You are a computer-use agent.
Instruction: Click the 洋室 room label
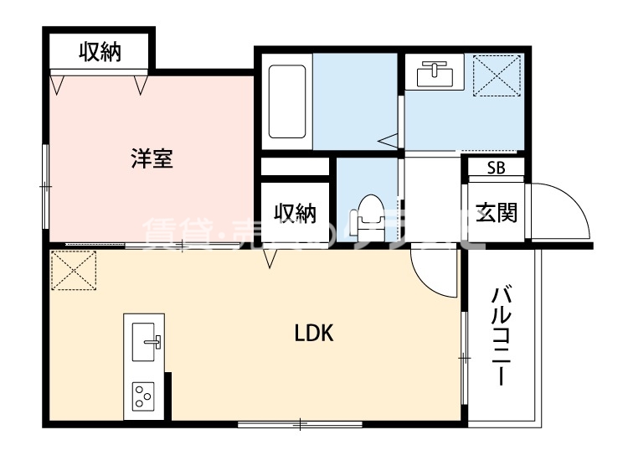[152, 158]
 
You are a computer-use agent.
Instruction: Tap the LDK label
[314, 334]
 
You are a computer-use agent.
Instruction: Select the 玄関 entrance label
[497, 212]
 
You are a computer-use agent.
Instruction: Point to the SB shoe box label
[496, 167]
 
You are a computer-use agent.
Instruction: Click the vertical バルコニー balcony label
[502, 335]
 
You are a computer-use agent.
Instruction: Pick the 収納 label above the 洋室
[100, 52]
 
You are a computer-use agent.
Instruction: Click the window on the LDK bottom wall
[300, 425]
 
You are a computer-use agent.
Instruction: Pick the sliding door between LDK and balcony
[462, 357]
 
